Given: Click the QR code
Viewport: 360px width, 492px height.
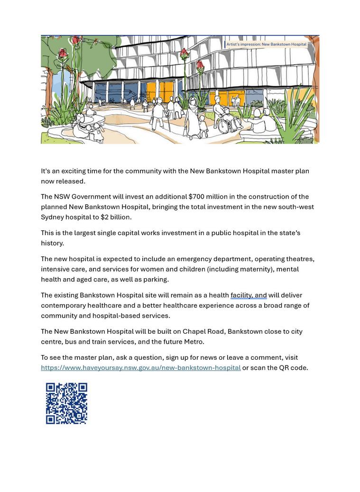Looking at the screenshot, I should pyautogui.click(x=66, y=403).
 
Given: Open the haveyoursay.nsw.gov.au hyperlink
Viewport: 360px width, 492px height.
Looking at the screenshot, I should pyautogui.click(x=140, y=368).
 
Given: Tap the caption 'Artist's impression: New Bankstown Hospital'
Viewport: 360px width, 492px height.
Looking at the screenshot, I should pyautogui.click(x=266, y=44).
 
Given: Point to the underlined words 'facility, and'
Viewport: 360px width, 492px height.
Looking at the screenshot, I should pyautogui.click(x=249, y=295).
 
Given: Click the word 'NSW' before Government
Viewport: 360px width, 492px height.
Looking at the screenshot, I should pyautogui.click(x=61, y=197).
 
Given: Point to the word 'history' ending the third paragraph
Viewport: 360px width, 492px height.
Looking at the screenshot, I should pyautogui.click(x=51, y=243).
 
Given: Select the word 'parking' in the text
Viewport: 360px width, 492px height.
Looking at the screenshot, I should pyautogui.click(x=156, y=279).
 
